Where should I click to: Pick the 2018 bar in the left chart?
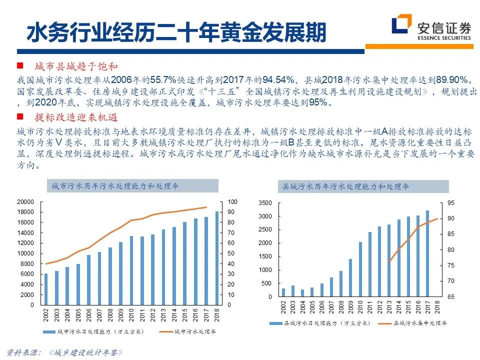(217, 258)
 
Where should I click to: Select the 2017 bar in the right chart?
(427, 253)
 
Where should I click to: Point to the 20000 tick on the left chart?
(25, 202)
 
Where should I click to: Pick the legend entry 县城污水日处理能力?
(319, 323)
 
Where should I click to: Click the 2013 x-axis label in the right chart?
(389, 306)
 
